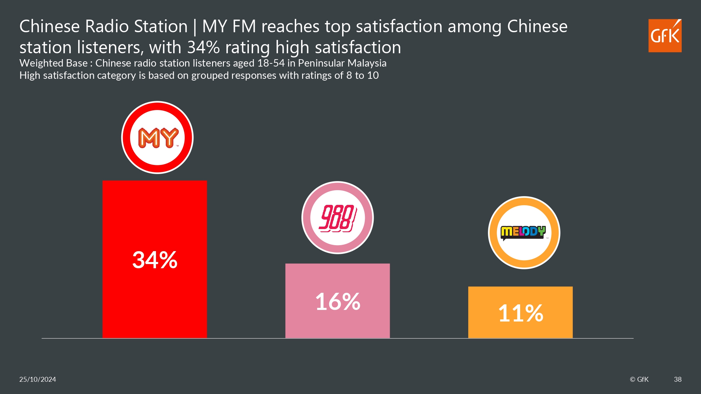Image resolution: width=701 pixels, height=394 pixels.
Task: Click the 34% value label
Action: [x=155, y=260]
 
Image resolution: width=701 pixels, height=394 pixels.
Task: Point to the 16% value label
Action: [x=338, y=302]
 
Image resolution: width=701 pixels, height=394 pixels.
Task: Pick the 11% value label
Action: [x=520, y=313]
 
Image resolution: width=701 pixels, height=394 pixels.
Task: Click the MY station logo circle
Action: [x=157, y=137]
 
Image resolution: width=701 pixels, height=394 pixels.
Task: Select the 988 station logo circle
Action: [x=338, y=217]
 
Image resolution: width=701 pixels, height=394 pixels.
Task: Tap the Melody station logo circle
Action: [x=524, y=233]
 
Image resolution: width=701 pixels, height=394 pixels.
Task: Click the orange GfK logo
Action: [x=665, y=36]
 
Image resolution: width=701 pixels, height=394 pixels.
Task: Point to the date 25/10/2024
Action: [x=38, y=379]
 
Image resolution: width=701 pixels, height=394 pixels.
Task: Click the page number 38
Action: [x=678, y=379]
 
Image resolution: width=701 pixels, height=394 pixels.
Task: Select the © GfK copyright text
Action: [x=639, y=379]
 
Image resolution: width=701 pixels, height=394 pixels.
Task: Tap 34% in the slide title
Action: [x=203, y=47]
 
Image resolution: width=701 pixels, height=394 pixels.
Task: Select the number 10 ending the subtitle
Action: [x=373, y=75]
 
